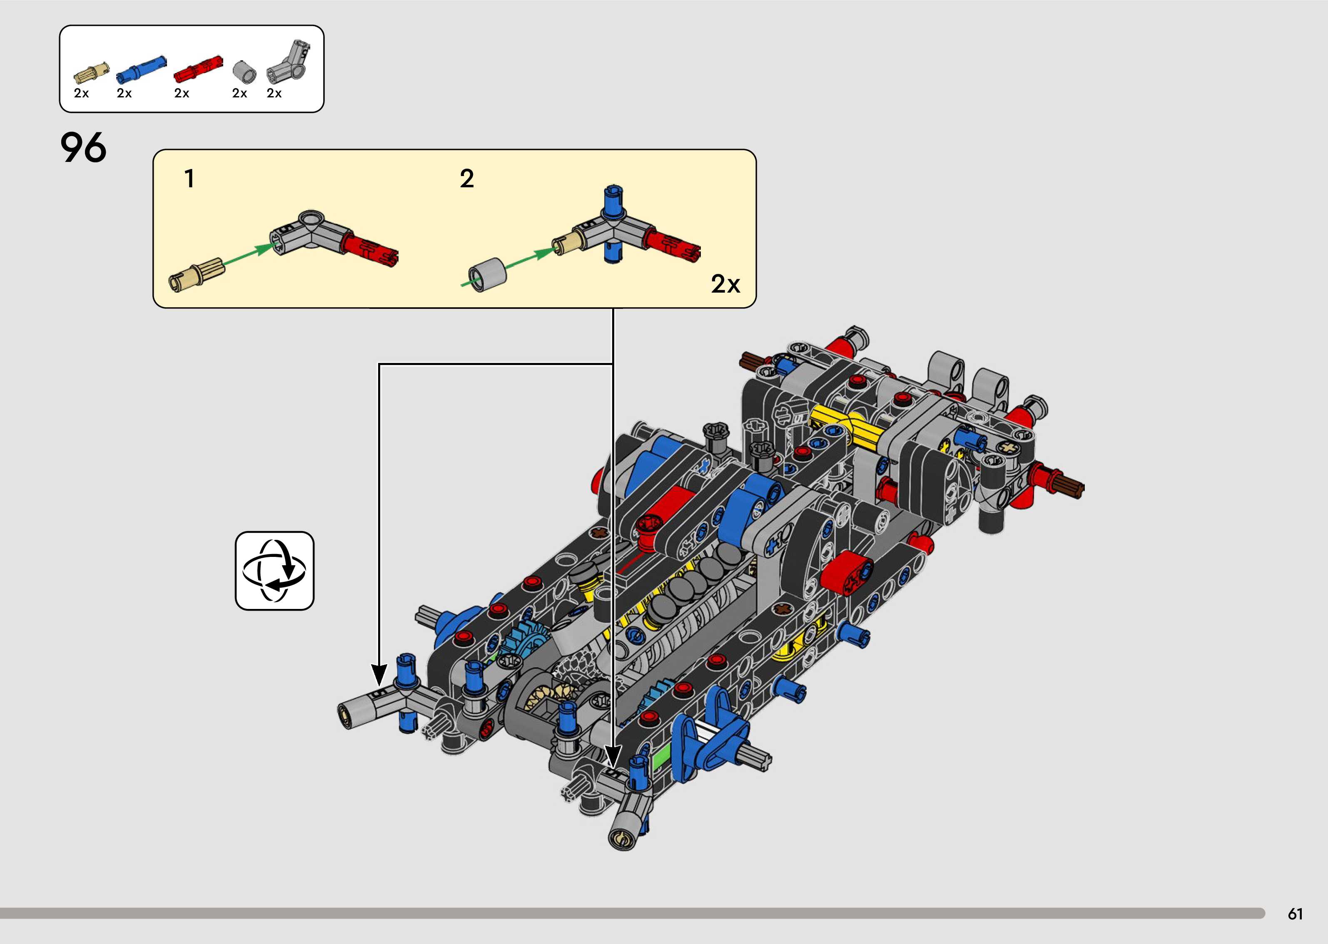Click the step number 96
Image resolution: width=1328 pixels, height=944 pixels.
coord(84,148)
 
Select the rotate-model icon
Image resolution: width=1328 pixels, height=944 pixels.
coord(274,570)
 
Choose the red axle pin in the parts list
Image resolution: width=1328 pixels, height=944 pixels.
coord(198,70)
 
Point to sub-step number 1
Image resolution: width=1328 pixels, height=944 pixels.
coord(189,179)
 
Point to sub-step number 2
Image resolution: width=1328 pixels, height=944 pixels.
coord(466,179)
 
